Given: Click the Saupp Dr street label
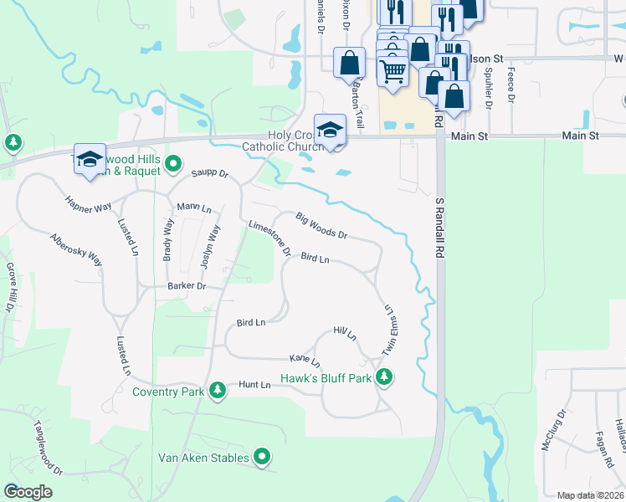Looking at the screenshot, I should click(209, 174).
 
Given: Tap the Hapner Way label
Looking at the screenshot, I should click(89, 204).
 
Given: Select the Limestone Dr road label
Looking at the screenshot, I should click(269, 237).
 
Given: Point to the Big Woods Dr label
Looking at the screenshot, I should click(321, 225).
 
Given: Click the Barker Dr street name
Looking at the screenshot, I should click(186, 286).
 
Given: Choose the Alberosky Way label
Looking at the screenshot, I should click(76, 249).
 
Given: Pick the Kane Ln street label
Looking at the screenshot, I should click(305, 360).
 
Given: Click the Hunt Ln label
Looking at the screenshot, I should click(254, 384).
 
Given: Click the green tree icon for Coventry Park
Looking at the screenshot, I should click(218, 390).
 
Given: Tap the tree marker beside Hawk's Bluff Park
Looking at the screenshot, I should click(384, 378).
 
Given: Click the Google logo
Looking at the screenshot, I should click(28, 492).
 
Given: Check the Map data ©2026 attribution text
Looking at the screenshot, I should click(591, 495).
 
